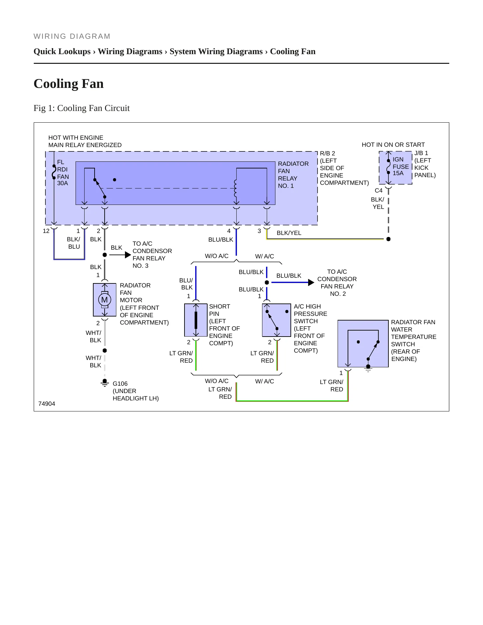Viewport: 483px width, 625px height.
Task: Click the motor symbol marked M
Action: [x=105, y=300]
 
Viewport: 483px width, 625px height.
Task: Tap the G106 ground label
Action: [x=120, y=384]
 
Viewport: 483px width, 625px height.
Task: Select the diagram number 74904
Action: [x=47, y=404]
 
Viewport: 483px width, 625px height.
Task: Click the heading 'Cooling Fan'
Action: [x=69, y=84]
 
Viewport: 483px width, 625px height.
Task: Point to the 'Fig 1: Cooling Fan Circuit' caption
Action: [x=82, y=108]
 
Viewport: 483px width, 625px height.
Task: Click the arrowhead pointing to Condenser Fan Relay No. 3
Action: [x=128, y=255]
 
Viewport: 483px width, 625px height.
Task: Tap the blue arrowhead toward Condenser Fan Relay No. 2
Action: [x=311, y=282]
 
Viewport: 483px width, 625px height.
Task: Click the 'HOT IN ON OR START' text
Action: [x=393, y=145]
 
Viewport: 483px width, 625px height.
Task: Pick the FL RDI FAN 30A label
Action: [x=63, y=173]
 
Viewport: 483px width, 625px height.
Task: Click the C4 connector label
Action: [x=378, y=191]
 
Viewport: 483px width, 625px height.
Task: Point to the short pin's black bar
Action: [x=196, y=320]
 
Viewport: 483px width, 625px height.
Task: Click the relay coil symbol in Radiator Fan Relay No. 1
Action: [x=236, y=189]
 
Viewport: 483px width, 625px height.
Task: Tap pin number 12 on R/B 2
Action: [x=46, y=231]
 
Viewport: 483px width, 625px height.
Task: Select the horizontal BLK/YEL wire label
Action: [x=289, y=233]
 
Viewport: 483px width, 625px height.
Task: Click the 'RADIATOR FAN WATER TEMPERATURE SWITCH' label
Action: [x=413, y=341]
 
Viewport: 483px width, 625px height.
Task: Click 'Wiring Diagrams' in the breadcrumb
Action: [x=130, y=51]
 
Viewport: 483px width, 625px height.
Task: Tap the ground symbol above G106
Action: [x=105, y=382]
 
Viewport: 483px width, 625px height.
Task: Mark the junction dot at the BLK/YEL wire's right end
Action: [x=388, y=239]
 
